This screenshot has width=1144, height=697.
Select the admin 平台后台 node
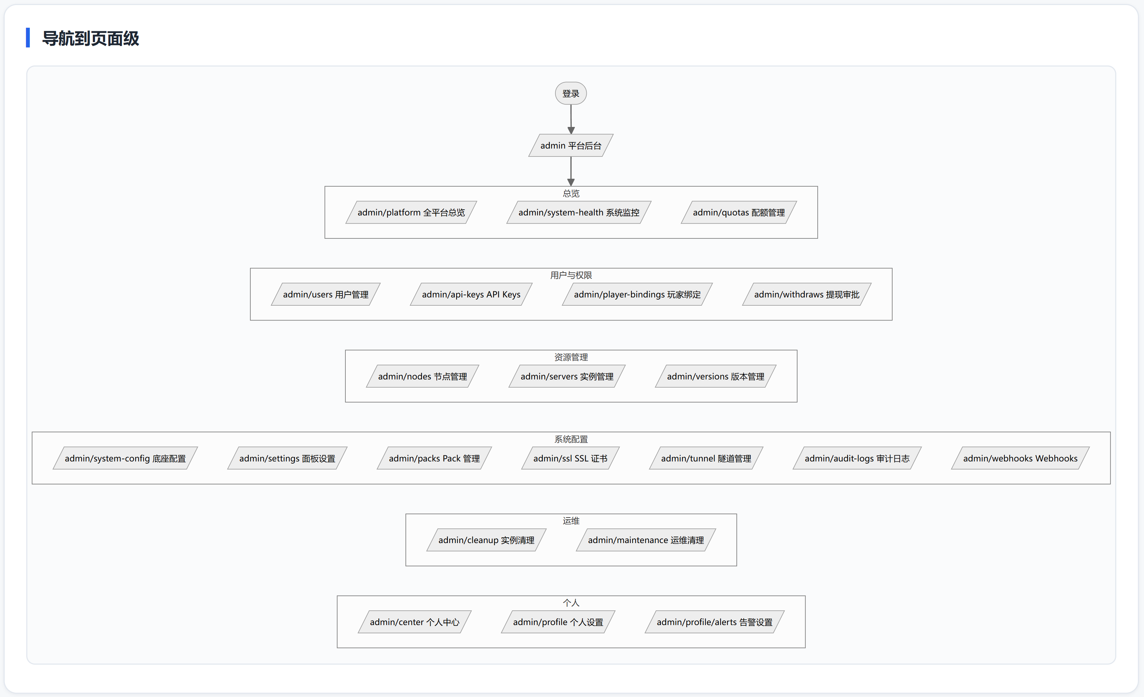(x=571, y=145)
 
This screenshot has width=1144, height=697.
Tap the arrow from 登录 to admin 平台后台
(x=571, y=119)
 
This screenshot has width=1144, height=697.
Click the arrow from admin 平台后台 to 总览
(x=571, y=171)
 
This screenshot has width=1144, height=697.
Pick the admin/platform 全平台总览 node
(x=411, y=212)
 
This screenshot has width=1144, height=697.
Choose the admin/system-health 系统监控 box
(x=578, y=212)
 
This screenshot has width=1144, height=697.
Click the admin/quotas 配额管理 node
(x=739, y=212)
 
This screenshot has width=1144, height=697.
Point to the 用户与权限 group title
(x=571, y=275)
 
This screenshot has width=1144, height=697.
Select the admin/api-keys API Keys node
(x=471, y=294)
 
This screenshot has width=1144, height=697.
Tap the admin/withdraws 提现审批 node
(x=807, y=294)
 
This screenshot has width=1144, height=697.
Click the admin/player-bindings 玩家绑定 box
(x=637, y=294)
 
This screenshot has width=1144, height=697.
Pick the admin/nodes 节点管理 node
(x=422, y=376)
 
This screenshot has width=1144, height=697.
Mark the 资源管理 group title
(x=571, y=357)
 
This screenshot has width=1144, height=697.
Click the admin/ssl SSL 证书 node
(x=570, y=458)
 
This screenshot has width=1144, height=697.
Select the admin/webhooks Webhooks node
(x=1020, y=458)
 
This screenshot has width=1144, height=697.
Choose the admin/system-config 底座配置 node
(x=125, y=458)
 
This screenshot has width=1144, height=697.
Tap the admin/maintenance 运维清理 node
(x=645, y=540)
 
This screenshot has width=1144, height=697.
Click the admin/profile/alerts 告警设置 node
(x=714, y=622)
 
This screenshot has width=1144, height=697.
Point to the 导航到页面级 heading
(x=91, y=38)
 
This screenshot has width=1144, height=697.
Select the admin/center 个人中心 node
(x=414, y=622)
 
